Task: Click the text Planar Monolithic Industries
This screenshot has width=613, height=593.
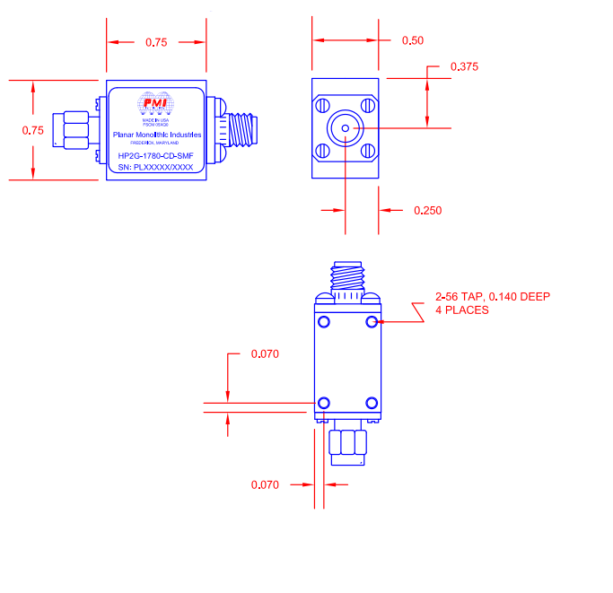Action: coord(156,135)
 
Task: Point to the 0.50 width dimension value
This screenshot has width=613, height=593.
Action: coord(413,40)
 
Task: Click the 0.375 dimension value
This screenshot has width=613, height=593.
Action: coord(464,66)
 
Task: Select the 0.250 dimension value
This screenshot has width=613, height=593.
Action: coord(427,211)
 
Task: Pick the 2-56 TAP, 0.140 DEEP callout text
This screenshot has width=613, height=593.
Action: coord(492,303)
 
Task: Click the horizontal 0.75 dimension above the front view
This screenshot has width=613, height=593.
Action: coord(156,41)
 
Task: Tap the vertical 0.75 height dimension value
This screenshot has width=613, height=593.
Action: coord(32,130)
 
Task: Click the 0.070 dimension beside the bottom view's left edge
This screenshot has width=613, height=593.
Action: coord(265,353)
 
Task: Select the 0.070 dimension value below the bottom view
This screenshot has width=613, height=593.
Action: coord(265,484)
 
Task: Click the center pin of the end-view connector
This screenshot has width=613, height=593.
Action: coord(346,129)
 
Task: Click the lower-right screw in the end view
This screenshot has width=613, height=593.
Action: coord(368,152)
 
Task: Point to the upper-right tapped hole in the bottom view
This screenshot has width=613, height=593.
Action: coord(372,322)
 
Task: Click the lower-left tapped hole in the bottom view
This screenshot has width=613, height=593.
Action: coord(324,402)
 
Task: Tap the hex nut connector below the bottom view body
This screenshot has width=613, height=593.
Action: coord(348,446)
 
